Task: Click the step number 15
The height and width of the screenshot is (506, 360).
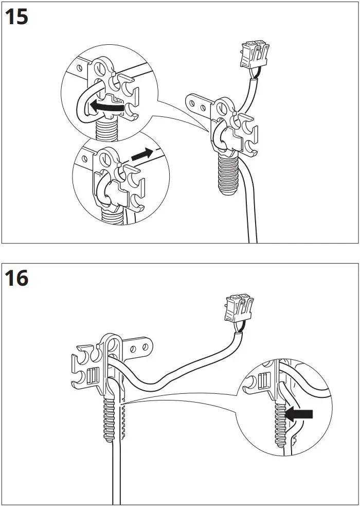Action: tap(17, 16)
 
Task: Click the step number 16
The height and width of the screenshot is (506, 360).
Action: tap(17, 278)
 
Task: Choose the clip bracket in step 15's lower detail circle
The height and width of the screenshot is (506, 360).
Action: tap(121, 185)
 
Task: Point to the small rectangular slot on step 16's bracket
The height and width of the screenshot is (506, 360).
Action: tap(93, 375)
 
